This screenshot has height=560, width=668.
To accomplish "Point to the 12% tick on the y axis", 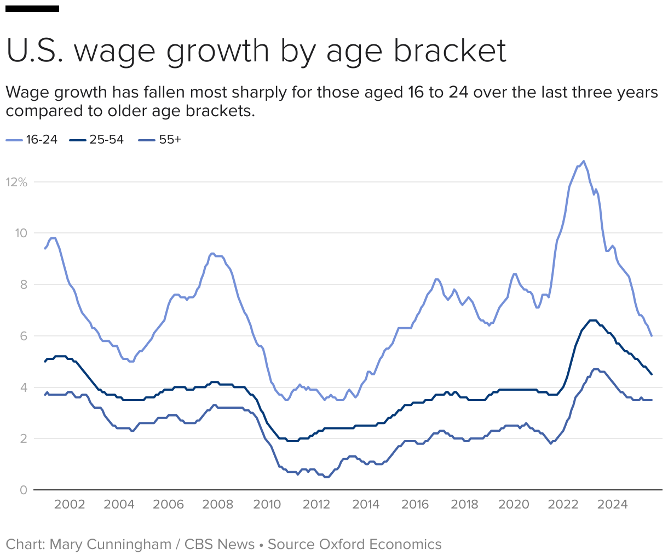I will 16,182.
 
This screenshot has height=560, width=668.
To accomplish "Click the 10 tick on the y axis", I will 21,233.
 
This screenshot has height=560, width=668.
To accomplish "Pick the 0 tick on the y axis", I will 23,490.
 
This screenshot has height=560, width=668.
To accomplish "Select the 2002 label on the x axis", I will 70,505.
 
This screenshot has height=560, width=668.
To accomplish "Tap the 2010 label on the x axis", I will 267,505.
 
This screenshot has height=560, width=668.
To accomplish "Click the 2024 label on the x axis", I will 612,505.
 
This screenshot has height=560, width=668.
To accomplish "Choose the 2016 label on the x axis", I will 415,505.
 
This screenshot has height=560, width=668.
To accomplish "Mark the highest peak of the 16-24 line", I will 584,161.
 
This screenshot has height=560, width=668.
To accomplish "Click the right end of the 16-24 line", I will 651,335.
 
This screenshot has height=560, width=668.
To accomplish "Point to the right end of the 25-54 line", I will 651,374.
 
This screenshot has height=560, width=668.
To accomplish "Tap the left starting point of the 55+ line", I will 45,395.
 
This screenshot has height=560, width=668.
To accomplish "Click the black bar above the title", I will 32,9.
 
